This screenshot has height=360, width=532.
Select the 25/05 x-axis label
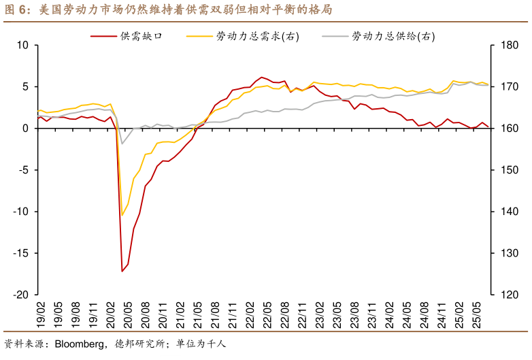coord(476,316)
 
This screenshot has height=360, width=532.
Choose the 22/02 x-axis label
coord(248,316)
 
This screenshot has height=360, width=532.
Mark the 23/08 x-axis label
coord(353,316)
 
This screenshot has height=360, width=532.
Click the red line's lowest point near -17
coord(122,272)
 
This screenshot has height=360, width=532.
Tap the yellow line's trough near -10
coord(122,215)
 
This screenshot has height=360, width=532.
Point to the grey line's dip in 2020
coord(122,143)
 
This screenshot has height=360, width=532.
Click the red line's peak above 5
coord(262,78)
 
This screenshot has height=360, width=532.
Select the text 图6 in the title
coord(15,10)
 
